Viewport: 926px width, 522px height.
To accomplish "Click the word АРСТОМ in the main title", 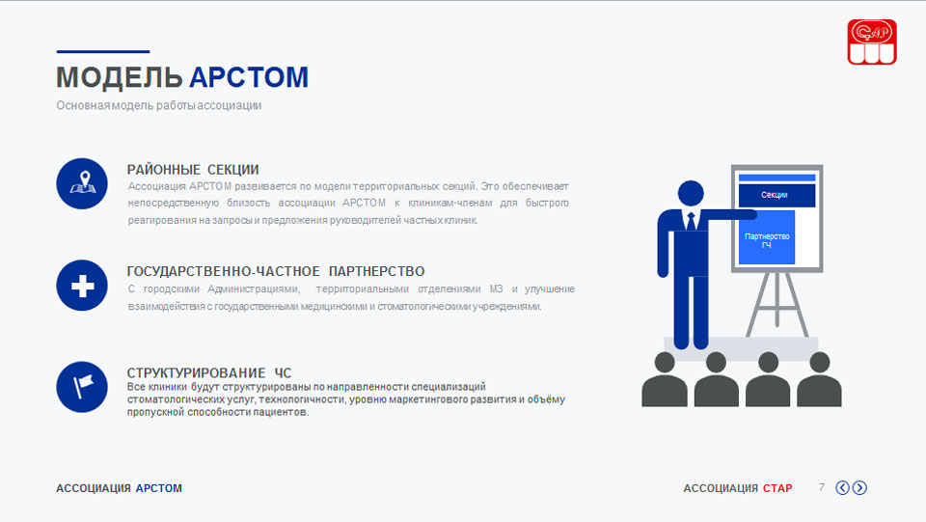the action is pyautogui.click(x=249, y=77).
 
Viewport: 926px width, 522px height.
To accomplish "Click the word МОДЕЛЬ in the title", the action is pyautogui.click(x=120, y=77).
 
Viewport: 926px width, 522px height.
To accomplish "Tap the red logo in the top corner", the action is pyautogui.click(x=872, y=41).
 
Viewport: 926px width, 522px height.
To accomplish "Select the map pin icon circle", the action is pyautogui.click(x=82, y=183).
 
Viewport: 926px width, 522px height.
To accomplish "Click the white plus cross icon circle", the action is pyautogui.click(x=82, y=286).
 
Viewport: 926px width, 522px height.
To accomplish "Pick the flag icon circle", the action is pyautogui.click(x=82, y=387).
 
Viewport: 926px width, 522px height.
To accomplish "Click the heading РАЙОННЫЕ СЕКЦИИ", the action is pyautogui.click(x=193, y=170).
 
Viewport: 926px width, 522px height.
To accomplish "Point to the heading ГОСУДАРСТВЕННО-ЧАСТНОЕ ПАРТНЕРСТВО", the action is pyautogui.click(x=276, y=272).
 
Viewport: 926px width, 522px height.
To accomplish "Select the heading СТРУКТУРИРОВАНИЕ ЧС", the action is pyautogui.click(x=209, y=373).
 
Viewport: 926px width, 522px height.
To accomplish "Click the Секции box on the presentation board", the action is pyautogui.click(x=776, y=195).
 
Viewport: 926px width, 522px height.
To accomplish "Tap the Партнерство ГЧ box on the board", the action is pyautogui.click(x=767, y=237).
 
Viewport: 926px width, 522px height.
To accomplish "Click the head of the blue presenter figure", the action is pyautogui.click(x=691, y=193).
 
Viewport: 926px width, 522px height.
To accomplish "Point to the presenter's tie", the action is pyautogui.click(x=691, y=221).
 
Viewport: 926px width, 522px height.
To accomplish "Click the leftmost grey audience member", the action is pyautogui.click(x=665, y=380).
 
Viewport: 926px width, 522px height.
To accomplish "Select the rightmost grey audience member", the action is pyautogui.click(x=819, y=380).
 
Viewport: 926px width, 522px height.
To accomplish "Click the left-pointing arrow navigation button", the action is pyautogui.click(x=843, y=488).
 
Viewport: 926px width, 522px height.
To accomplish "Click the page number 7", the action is pyautogui.click(x=822, y=487).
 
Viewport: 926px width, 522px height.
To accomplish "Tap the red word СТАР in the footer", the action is pyautogui.click(x=777, y=488).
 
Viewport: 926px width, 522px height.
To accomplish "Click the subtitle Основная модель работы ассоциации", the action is pyautogui.click(x=159, y=106).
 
